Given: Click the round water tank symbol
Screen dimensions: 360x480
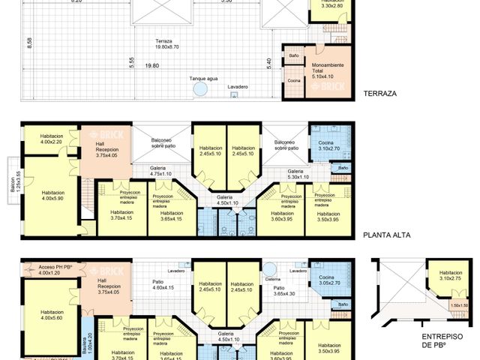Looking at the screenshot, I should [200, 89].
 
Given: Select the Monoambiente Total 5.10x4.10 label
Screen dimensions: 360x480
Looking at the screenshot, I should [327, 70].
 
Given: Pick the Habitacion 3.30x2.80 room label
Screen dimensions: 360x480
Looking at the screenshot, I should [331, 4].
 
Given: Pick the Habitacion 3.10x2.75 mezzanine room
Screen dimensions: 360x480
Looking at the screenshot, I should [451, 276].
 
